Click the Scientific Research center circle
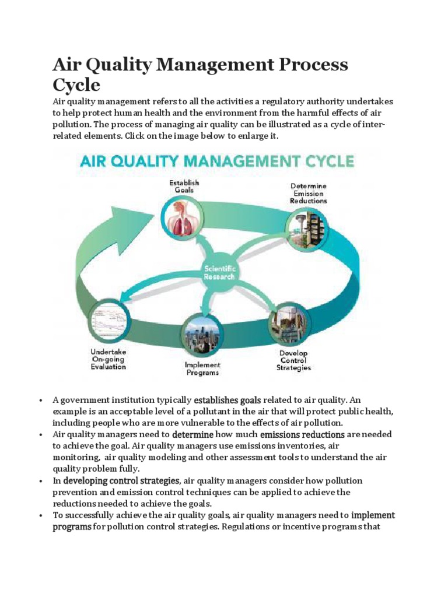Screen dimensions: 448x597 (x=219, y=272)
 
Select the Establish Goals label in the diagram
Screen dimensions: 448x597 (x=181, y=186)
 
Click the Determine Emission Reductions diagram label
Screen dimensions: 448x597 (x=309, y=194)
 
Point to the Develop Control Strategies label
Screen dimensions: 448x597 (x=293, y=360)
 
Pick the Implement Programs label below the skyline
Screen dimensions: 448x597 (x=202, y=368)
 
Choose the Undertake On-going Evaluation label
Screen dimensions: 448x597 (x=108, y=359)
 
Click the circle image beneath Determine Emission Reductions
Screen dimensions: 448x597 (x=306, y=226)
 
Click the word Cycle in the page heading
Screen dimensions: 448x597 (x=76, y=85)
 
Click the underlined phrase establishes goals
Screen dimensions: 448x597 (x=227, y=400)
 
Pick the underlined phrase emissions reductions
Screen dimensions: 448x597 (x=302, y=434)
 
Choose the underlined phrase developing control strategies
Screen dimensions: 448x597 (x=121, y=480)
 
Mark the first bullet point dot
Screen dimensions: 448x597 (x=41, y=401)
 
